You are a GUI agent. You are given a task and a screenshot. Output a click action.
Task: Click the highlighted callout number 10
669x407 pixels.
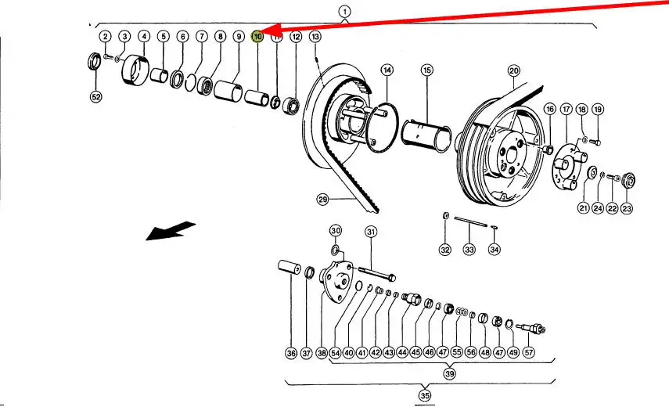tap(257, 37)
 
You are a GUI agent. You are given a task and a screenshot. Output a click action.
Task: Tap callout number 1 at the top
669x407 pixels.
tap(345, 11)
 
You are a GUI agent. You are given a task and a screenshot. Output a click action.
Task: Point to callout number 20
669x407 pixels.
tap(513, 70)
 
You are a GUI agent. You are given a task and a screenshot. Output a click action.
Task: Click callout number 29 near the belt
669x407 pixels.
tap(322, 200)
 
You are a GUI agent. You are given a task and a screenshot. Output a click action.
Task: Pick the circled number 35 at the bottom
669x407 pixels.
tap(425, 395)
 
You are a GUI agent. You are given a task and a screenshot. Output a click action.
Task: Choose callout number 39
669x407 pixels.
tap(450, 374)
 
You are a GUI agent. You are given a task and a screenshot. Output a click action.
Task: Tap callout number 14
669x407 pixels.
tap(387, 70)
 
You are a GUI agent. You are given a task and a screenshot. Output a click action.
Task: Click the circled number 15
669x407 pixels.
tap(426, 70)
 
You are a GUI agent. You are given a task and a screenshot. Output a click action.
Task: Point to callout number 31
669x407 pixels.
tap(371, 231)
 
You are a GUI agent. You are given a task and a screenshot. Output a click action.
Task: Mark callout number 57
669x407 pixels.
tap(530, 353)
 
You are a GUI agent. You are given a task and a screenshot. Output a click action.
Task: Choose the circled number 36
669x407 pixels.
tap(291, 354)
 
